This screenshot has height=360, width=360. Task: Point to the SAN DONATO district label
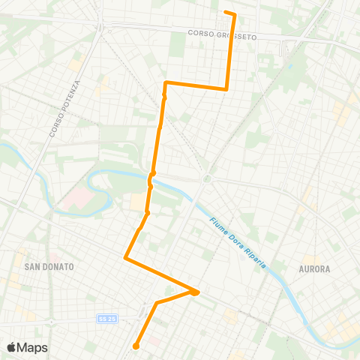click(47, 266)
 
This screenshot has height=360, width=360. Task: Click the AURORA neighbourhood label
click(315, 268)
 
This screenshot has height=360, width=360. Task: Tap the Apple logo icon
click(11, 346)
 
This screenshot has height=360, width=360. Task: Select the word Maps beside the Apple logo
click(32, 347)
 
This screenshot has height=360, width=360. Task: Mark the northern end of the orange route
click(226, 12)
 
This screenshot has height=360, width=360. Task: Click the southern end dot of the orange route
click(136, 346)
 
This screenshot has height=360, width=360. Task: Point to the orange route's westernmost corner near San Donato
click(124, 258)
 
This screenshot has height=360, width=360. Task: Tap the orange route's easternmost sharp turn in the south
click(198, 291)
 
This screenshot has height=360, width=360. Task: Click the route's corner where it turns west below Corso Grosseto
click(226, 88)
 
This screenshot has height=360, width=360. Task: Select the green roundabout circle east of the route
click(205, 178)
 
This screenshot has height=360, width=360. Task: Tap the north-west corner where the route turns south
click(165, 82)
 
